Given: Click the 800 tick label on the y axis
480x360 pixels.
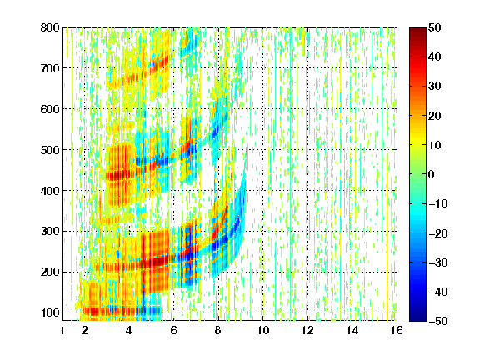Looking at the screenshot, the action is pos(50,27).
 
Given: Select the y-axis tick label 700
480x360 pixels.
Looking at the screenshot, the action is pos(50,68).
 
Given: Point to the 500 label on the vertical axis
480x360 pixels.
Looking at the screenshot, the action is pos(50,150).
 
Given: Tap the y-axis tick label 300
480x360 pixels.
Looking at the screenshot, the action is pos(50,232).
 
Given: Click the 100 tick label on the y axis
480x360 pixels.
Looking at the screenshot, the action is pos(50,312).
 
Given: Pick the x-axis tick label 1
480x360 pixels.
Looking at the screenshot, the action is pos(62,330).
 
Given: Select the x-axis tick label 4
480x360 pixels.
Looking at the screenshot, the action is pos(129,330).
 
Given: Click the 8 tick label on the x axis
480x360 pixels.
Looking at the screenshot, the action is pos(217,330).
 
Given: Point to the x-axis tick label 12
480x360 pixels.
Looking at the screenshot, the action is pos(307,330).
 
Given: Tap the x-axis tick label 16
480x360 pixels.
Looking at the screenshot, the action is pos(397,330).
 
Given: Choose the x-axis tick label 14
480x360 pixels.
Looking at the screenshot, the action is pos(352,330).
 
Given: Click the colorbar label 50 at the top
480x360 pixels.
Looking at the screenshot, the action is pos(434,27).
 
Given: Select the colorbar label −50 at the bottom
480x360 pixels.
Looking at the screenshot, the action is pos(438,321).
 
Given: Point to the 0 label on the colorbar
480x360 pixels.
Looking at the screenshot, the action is pos(432,174).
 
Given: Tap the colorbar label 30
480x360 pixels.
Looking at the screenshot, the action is pos(434,87).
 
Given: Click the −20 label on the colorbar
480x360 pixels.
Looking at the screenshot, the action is pos(438,233).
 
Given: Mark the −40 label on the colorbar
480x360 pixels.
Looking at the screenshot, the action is pos(438,292).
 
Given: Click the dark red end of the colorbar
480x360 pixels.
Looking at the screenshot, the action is pos(417,30).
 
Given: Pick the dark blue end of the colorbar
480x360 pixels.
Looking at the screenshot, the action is pos(417,317).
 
